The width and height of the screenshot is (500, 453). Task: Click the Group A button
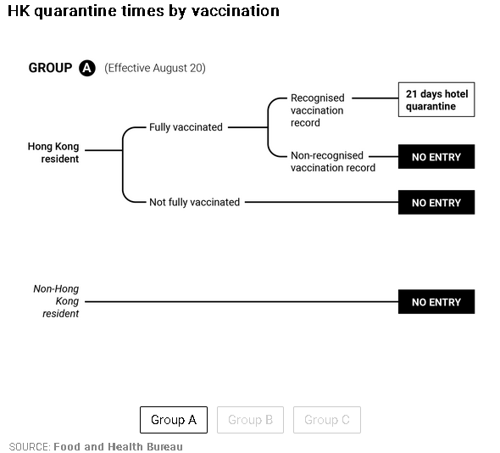pos(174,419)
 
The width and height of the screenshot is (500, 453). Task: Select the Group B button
pos(250,419)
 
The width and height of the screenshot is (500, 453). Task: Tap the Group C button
pos(327,419)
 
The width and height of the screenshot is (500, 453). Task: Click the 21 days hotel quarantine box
pos(436,99)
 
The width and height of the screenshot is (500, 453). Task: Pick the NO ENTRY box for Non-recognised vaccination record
pos(436,156)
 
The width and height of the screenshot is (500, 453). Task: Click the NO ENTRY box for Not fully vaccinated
pos(436,202)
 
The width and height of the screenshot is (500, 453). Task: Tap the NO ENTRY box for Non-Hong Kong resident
pos(436,302)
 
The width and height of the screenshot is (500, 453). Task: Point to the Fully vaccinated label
pos(186,127)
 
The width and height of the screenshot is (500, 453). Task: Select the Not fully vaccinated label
pos(195,202)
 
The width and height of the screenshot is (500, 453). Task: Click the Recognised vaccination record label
pos(318,110)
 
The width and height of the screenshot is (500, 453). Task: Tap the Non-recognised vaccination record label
pos(333,161)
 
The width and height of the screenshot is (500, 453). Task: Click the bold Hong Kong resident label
pos(53,153)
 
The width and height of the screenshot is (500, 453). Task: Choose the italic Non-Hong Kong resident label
pos(56,301)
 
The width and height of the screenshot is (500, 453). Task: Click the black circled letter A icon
pos(87,68)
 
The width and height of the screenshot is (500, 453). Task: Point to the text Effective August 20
pos(155,68)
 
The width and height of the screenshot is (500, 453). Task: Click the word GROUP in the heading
pos(50,68)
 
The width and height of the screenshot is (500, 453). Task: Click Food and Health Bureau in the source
pos(119,446)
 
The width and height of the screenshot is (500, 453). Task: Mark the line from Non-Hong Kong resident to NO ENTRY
pos(242,302)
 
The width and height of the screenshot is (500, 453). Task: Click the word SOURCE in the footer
pos(30,446)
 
